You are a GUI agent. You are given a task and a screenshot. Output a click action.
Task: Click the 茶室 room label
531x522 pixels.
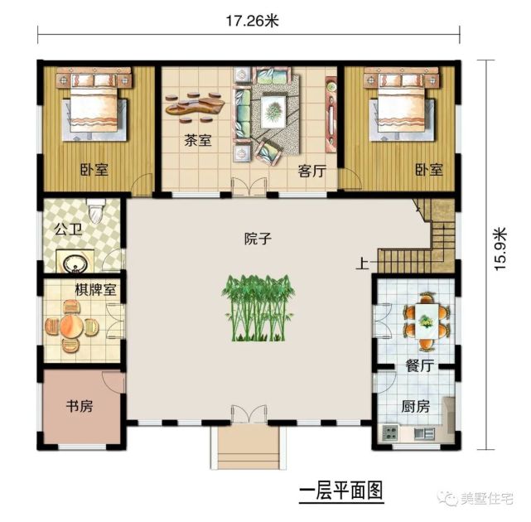click(x=197, y=141)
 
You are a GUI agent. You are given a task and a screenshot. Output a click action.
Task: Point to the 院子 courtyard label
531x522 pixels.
click(x=258, y=239)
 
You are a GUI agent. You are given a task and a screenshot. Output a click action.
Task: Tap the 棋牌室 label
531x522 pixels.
click(x=94, y=290)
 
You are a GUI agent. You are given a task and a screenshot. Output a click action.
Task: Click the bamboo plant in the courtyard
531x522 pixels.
click(x=259, y=309)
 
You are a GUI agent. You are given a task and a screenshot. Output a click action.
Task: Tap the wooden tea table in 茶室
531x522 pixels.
click(x=197, y=104)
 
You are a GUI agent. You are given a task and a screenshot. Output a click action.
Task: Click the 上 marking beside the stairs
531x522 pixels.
click(x=362, y=265)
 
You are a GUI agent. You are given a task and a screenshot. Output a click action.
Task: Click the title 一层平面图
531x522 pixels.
click(x=342, y=491)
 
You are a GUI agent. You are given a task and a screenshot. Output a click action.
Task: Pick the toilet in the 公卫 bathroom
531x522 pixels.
click(x=96, y=212)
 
